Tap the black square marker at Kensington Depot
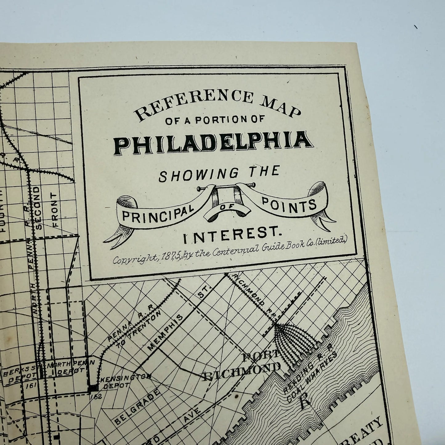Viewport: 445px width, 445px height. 92,389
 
